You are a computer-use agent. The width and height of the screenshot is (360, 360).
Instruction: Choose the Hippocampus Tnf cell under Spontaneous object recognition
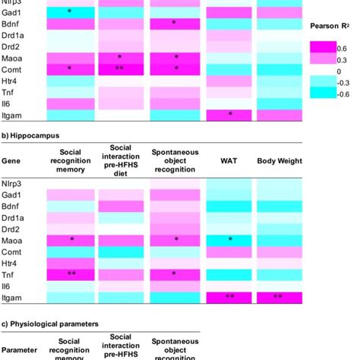pyautogui.click(x=176, y=273)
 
